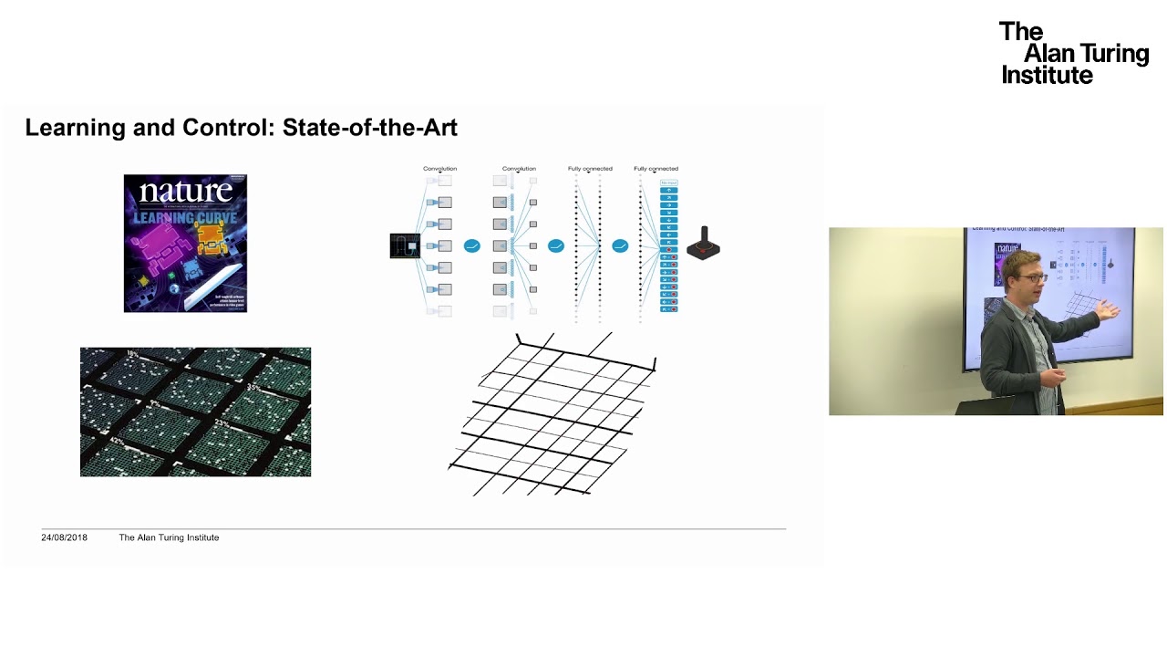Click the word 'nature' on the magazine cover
(x=185, y=193)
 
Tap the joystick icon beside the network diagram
(x=704, y=244)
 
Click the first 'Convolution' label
(x=439, y=169)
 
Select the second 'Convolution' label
(x=519, y=169)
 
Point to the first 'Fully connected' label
(x=590, y=169)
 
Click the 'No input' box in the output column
(x=668, y=182)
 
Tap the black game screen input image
(x=405, y=245)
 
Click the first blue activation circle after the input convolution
(x=471, y=245)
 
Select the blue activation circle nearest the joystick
(x=620, y=245)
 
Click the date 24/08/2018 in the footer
(x=64, y=537)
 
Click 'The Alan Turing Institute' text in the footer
(x=169, y=537)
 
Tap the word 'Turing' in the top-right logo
(x=1114, y=54)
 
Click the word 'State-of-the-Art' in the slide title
(x=369, y=128)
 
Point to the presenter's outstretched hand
(x=1109, y=309)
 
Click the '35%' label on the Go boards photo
(x=253, y=389)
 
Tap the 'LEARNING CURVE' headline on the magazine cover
(x=185, y=218)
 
